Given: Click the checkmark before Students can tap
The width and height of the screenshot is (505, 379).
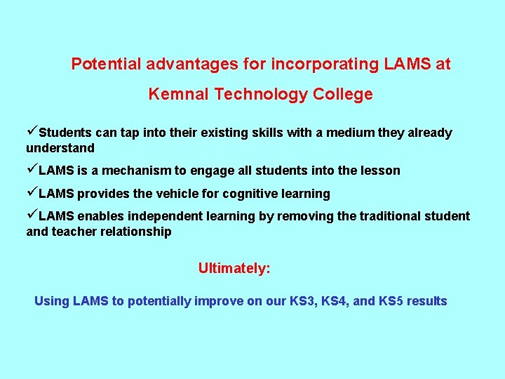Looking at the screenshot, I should (32, 132).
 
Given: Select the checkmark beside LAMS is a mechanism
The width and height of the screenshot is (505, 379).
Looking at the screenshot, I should (32, 170).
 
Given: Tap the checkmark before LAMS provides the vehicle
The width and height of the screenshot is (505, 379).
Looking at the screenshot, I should (32, 193).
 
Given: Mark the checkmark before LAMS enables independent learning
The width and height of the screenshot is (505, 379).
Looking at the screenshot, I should (32, 215).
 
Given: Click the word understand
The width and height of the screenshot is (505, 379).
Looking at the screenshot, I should (60, 148).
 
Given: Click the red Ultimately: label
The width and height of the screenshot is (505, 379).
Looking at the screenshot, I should (234, 268).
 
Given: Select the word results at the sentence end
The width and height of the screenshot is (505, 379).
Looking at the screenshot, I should (426, 301).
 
